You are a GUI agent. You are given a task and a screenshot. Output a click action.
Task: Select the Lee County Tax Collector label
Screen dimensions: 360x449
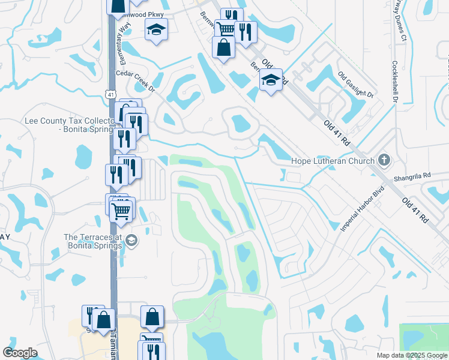pyautogui.click(x=68, y=124)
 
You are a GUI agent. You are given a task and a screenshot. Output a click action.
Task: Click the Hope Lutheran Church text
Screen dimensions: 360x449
pyautogui.click(x=333, y=161)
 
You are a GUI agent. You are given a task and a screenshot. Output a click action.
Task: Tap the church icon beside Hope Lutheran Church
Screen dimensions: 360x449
pyautogui.click(x=384, y=160)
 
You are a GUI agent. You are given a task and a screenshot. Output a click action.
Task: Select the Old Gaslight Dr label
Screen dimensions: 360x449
pyautogui.click(x=355, y=85)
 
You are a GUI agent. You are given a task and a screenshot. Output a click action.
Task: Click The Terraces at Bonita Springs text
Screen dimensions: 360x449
pyautogui.click(x=94, y=241)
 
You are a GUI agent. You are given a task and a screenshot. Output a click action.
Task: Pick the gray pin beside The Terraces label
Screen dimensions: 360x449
pyautogui.click(x=132, y=241)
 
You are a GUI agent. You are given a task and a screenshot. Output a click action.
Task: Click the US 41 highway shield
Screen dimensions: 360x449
pyautogui.click(x=109, y=94)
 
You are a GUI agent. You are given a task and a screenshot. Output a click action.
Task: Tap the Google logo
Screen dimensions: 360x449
pyautogui.click(x=20, y=353)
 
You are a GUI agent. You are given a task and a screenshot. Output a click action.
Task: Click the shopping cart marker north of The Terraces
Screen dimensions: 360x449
pyautogui.click(x=121, y=211)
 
